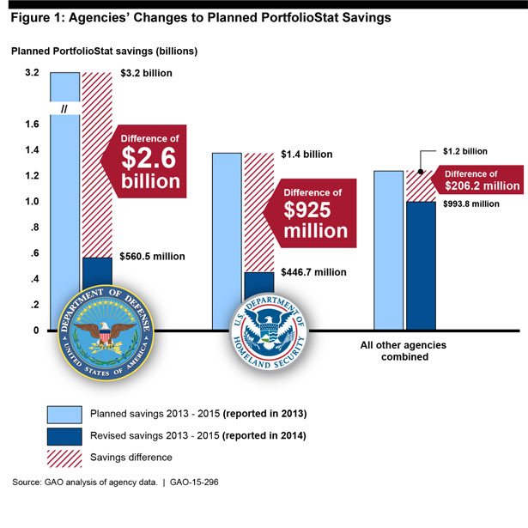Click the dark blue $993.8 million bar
[x=421, y=266]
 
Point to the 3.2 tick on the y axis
[x=32, y=73]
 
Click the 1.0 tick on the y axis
[x=32, y=203]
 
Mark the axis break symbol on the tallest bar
[x=64, y=107]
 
